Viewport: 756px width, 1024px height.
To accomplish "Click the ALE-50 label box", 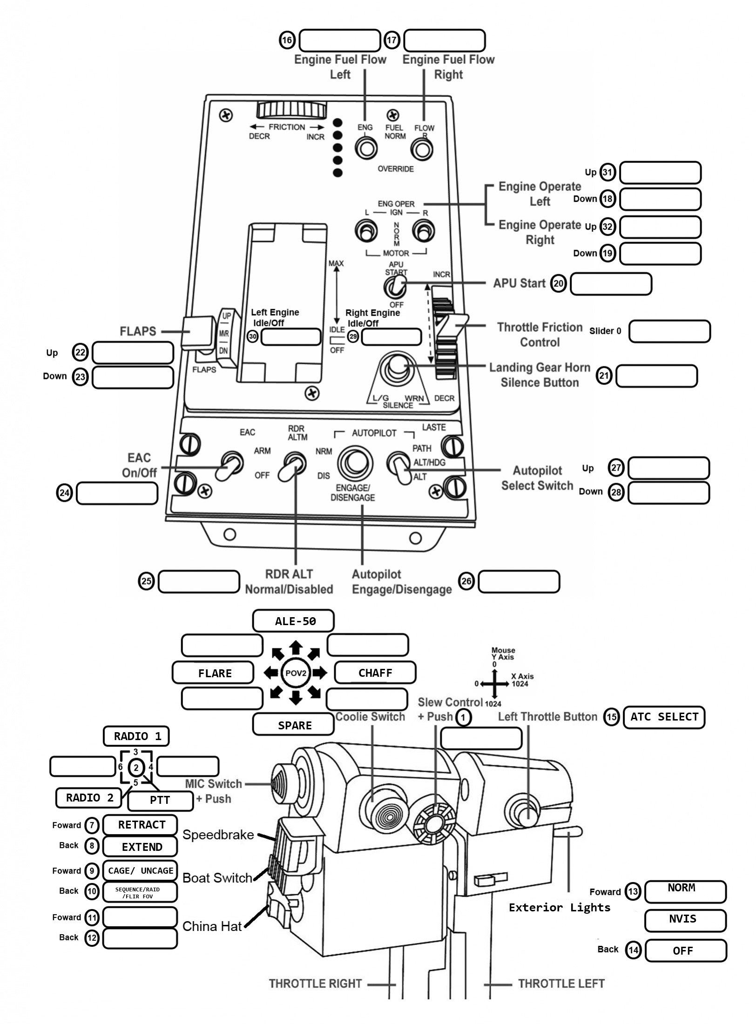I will [x=293, y=621].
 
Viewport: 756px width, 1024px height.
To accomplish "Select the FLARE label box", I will [x=213, y=673].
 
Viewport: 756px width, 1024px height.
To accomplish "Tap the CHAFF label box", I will [x=375, y=673].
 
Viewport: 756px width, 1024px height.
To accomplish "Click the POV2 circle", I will [x=296, y=673].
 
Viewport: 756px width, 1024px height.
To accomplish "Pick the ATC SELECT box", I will [x=664, y=717].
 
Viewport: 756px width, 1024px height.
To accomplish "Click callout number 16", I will [x=287, y=40].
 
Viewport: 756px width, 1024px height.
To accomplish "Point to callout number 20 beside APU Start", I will [x=558, y=283].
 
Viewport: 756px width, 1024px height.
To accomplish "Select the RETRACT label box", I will [x=140, y=825].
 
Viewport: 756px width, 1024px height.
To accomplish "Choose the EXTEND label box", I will [x=140, y=847].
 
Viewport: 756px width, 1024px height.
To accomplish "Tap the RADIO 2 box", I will [x=88, y=798].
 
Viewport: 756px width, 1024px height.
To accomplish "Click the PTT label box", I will [x=160, y=800].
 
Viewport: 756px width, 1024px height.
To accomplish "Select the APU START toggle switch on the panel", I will [x=395, y=286].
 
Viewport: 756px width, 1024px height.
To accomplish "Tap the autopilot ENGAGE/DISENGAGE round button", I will [x=355, y=464].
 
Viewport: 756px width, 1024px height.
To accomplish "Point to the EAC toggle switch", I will [x=229, y=465].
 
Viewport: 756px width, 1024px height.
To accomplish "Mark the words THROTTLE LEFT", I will [x=561, y=984].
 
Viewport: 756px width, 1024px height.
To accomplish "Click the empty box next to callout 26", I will [x=519, y=581].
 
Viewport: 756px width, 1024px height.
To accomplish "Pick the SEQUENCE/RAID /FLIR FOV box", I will [x=140, y=892].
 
